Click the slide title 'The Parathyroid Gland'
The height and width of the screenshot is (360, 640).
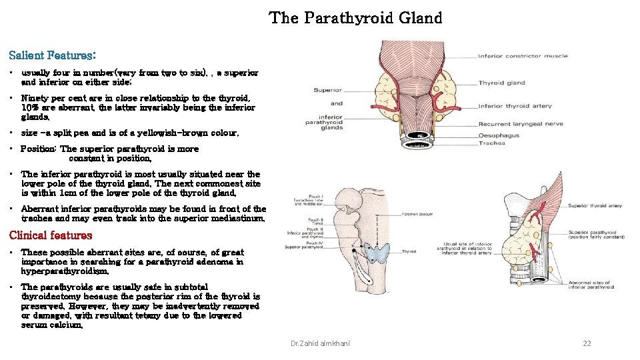point(355,18)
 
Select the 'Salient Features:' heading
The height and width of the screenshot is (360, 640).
point(52,55)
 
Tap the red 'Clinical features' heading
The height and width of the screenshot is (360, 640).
point(51,235)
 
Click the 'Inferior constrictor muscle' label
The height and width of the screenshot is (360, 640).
point(523,56)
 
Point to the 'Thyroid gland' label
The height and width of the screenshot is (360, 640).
point(501,83)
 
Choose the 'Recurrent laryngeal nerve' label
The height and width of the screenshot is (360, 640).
point(520,123)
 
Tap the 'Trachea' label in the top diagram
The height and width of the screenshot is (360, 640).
point(491,143)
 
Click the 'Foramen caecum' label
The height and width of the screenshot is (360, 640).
point(418,214)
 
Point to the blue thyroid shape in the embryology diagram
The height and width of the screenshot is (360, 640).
point(379,252)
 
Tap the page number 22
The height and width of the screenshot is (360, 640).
point(587,343)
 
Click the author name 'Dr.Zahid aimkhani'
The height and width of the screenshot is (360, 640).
point(319,343)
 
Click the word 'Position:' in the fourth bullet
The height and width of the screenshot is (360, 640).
point(39,149)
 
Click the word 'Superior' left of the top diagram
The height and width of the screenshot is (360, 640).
point(327,90)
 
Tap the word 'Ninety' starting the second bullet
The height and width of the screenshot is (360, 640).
point(35,98)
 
